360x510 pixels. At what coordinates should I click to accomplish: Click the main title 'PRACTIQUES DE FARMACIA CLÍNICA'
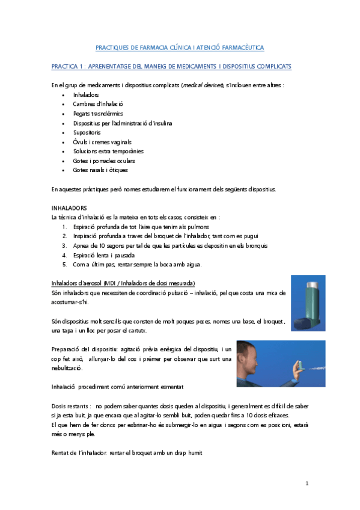click(180, 47)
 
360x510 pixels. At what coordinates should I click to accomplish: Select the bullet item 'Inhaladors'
click(86, 95)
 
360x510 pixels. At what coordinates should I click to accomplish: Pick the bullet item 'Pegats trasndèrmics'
click(99, 114)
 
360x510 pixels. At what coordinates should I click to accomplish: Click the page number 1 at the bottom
click(307, 484)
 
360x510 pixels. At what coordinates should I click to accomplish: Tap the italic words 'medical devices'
click(203, 85)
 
